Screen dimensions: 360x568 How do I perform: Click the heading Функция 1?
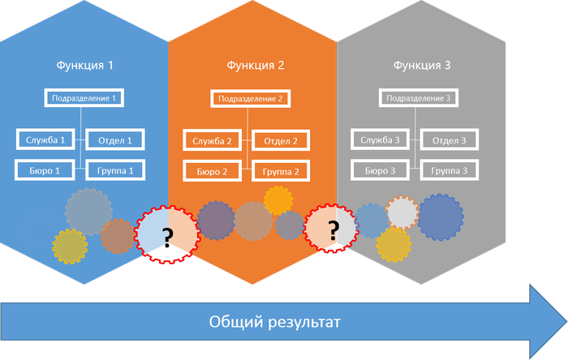pyautogui.click(x=84, y=65)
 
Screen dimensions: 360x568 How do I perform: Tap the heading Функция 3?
pyautogui.click(x=422, y=65)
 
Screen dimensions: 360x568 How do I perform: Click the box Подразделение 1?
pyautogui.click(x=84, y=99)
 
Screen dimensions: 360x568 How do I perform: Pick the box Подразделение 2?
pyautogui.click(x=252, y=99)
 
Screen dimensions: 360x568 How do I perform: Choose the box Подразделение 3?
pyautogui.click(x=420, y=99)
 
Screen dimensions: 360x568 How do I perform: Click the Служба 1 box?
pyautogui.click(x=45, y=139)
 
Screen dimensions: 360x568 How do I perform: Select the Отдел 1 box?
pyautogui.click(x=115, y=139)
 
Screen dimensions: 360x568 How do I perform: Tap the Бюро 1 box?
pyautogui.click(x=45, y=170)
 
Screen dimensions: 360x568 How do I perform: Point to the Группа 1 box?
pyautogui.click(x=115, y=170)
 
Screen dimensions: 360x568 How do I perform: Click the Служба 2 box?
pyautogui.click(x=213, y=140)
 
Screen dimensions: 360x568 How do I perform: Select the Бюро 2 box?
pyautogui.click(x=213, y=171)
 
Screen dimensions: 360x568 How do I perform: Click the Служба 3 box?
pyautogui.click(x=381, y=139)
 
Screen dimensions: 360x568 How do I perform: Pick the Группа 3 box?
pyautogui.click(x=449, y=170)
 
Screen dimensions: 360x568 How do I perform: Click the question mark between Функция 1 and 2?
pyautogui.click(x=167, y=237)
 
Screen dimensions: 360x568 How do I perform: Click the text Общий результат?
pyautogui.click(x=274, y=322)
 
